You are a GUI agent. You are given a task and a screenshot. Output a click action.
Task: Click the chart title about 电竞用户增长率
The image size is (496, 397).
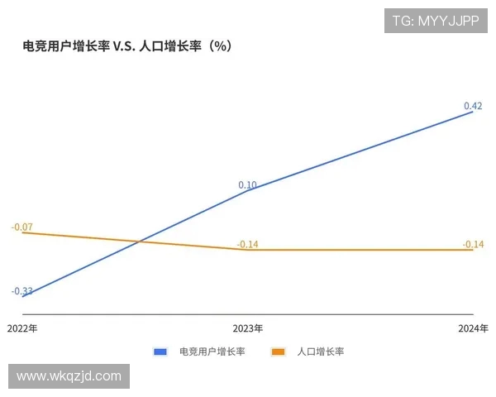pos(126,46)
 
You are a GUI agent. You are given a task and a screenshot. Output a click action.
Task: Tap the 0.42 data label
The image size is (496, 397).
pos(473,106)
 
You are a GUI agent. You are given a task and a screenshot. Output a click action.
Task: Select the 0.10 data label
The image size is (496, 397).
pos(247,185)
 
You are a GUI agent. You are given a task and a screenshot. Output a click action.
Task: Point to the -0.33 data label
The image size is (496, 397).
pos(22,291)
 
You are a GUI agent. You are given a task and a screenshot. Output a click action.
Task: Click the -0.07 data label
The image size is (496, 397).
pos(22,227)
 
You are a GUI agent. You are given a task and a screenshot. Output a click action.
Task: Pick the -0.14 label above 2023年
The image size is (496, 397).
pos(247,244)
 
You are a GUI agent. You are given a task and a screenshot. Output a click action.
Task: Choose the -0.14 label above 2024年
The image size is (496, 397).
pos(473,244)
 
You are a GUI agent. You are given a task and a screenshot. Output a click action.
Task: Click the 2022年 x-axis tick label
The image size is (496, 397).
pos(22,328)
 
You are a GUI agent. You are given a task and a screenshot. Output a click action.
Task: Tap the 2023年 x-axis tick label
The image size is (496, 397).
pos(248,328)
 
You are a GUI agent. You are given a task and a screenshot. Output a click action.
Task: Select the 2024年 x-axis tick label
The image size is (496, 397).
pos(473,328)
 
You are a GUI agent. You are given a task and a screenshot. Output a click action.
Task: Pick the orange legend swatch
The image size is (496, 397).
pos(279,352)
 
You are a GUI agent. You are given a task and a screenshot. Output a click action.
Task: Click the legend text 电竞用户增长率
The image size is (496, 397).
pos(212,352)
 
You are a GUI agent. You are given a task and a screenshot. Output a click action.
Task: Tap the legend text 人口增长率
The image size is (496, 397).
pos(320,352)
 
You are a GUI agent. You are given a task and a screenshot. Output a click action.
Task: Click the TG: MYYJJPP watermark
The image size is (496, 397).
pos(435,21)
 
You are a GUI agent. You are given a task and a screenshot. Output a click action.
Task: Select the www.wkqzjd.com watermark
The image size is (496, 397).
pos(69,376)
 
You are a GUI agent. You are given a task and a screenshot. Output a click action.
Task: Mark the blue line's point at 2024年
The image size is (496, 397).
pos(473,112)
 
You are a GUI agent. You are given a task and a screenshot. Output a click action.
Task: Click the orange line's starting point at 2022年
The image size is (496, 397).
pos(22,232)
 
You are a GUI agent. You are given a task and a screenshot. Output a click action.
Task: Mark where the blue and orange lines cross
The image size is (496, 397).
pos(139,242)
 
